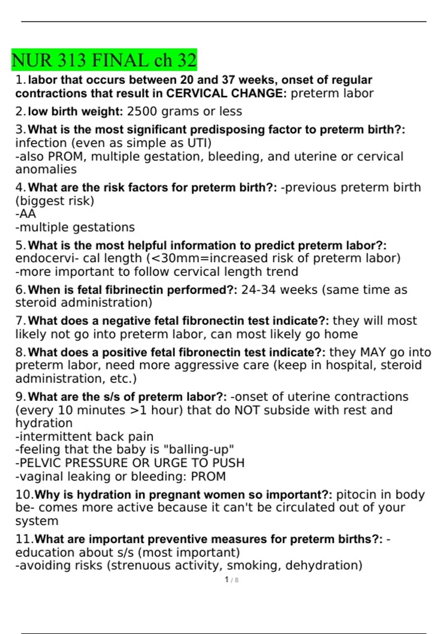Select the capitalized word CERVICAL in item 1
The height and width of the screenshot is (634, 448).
[197, 93]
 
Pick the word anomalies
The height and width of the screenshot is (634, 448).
[46, 169]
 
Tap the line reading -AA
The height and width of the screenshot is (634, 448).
[26, 214]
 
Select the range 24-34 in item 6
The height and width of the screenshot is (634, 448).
[258, 290]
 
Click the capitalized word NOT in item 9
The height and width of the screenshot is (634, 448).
[247, 410]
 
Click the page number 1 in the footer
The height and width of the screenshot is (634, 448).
[227, 580]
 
